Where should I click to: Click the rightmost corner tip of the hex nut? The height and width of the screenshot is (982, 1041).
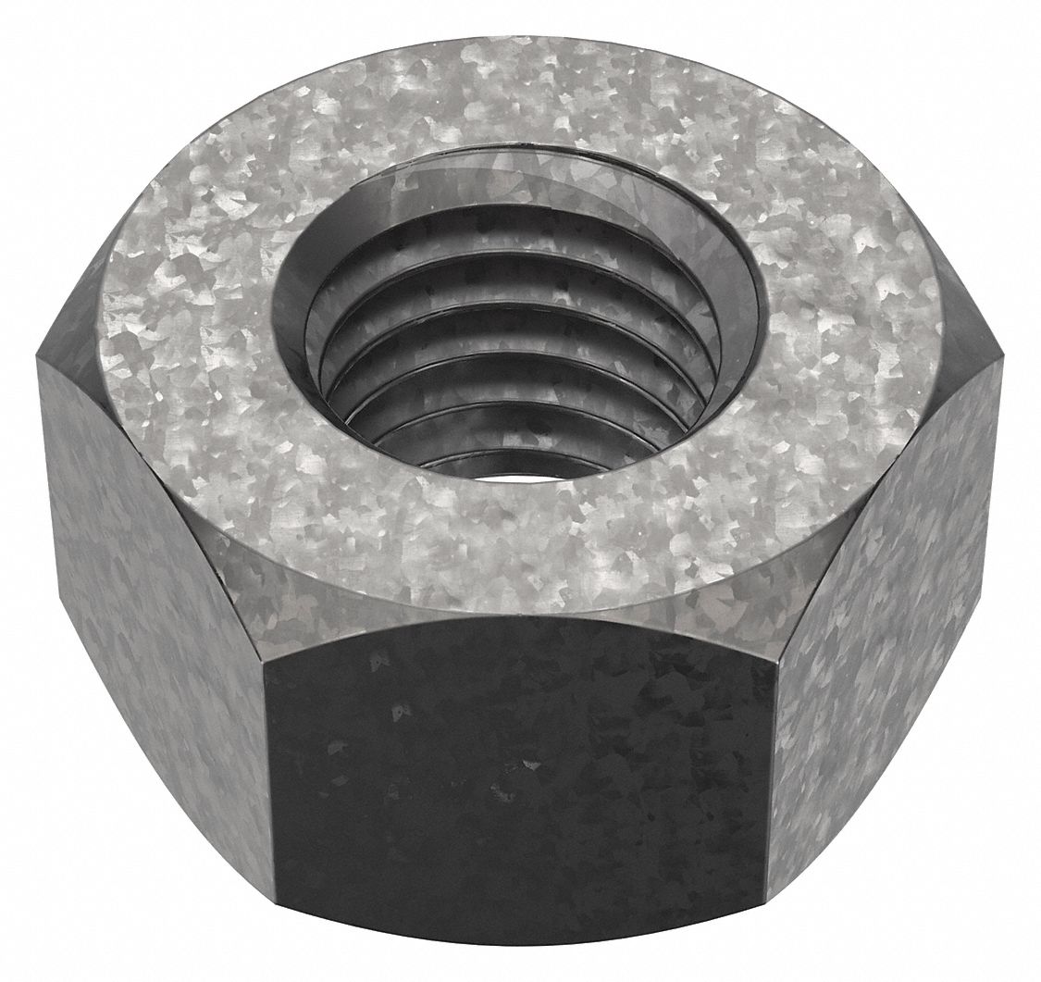[x=1002, y=356]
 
